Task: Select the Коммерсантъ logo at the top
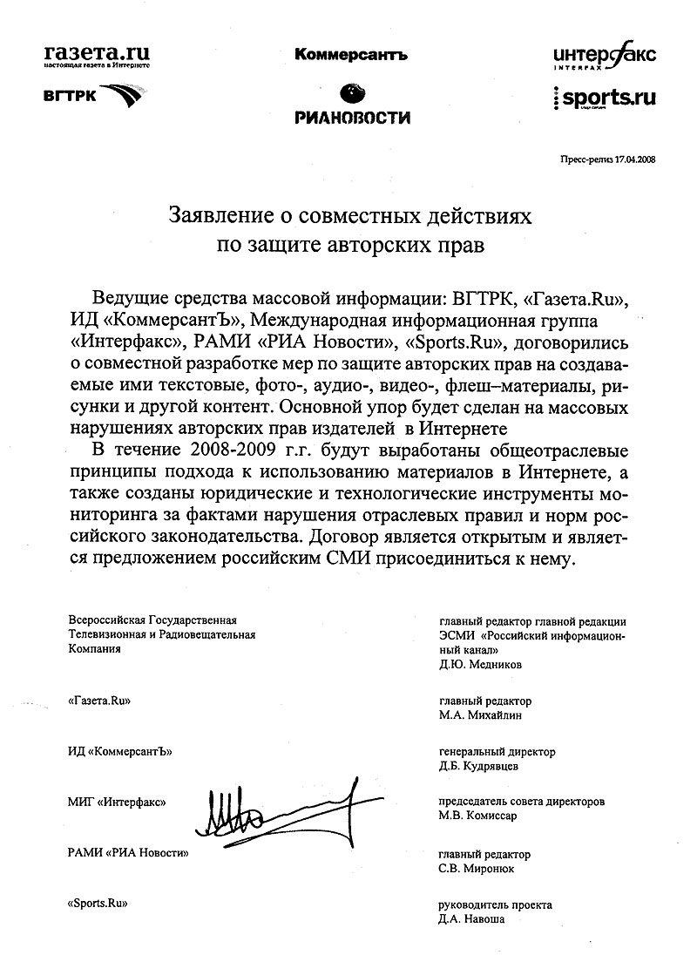pos(351,55)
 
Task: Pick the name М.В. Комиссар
pos(478,816)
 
